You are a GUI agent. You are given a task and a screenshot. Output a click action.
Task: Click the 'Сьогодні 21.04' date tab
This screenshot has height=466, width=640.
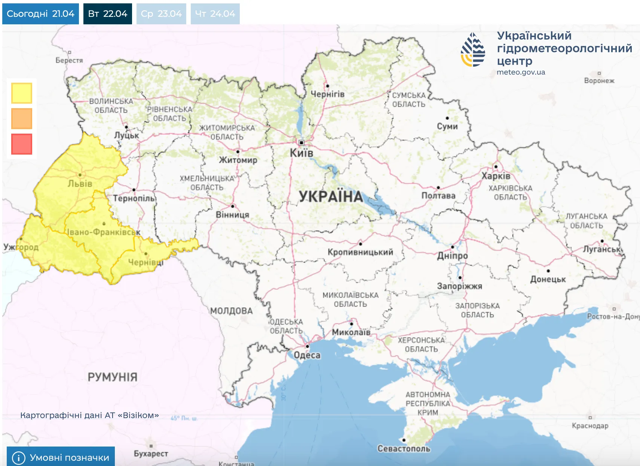(40, 14)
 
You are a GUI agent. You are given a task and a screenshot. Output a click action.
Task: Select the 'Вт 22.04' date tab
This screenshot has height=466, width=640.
(108, 14)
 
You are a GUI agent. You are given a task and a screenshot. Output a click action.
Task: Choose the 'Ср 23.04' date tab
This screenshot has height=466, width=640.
(161, 14)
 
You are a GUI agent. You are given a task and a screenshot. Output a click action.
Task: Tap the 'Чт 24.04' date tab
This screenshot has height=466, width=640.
(215, 14)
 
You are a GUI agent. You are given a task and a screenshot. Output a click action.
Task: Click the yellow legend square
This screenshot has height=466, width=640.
(22, 93)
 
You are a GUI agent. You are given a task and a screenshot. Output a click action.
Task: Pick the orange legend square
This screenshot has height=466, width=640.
(22, 118)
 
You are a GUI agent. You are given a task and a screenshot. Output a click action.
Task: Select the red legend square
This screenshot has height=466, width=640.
(22, 144)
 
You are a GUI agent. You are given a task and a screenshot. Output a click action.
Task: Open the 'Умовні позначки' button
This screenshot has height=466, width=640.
(61, 457)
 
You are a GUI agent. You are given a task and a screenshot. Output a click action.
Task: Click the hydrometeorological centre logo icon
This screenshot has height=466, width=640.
(473, 50)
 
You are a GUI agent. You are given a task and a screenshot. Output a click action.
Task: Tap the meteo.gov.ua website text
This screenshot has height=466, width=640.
(521, 72)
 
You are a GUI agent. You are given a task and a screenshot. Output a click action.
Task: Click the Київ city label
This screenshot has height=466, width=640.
(301, 153)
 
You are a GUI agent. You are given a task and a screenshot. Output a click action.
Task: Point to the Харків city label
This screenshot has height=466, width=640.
(496, 176)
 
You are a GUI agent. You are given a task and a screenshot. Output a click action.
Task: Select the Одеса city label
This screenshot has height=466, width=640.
(307, 355)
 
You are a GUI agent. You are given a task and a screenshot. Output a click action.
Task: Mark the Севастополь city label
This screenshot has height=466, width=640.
(404, 448)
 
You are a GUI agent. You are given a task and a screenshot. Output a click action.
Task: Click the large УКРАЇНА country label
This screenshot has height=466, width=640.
(331, 197)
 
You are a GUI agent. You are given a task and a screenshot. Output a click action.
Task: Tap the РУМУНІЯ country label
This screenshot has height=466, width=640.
(113, 377)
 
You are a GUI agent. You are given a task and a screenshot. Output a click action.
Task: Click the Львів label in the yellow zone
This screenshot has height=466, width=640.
(80, 184)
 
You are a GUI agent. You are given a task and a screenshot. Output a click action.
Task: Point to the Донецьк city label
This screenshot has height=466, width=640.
(548, 279)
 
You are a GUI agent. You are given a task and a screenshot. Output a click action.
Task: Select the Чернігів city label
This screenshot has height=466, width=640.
(327, 94)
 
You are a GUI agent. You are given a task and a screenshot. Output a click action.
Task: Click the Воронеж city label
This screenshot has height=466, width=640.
(599, 80)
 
